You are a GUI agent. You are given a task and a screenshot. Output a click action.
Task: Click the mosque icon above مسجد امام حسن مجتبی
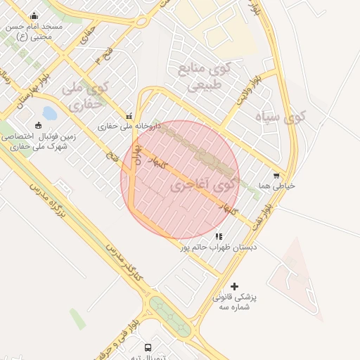[34, 16]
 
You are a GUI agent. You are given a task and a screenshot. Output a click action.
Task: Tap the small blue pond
[49, 113]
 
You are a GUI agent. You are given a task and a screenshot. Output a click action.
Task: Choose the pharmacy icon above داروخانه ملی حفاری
[128, 116]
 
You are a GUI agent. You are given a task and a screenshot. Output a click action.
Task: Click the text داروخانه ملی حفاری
[129, 127]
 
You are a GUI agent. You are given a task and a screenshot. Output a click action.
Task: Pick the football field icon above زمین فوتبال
[38, 125]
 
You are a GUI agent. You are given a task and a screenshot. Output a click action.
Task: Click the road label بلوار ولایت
[252, 89]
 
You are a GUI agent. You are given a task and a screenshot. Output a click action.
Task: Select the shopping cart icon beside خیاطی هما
[276, 175]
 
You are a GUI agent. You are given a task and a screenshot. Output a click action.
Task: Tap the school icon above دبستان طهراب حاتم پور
[219, 237]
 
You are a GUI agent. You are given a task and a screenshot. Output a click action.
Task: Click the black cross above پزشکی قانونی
[234, 286]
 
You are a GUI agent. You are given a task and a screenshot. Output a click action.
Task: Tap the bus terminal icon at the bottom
[148, 347]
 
